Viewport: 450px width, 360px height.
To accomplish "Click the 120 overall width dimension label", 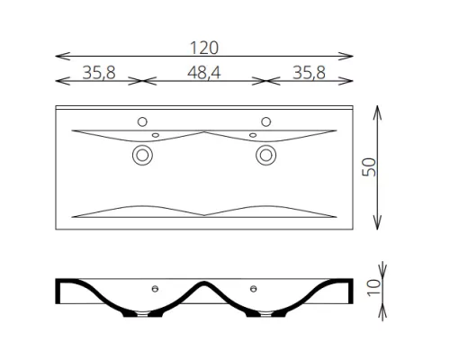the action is [x=204, y=48].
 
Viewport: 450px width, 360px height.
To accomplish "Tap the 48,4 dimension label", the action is [x=204, y=73].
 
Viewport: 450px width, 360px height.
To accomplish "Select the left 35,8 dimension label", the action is [x=99, y=73].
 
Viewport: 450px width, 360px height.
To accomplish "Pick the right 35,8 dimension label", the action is [x=309, y=73].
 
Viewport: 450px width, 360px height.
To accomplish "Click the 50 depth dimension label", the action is [x=369, y=167].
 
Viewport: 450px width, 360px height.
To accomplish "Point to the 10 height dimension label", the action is [x=374, y=287].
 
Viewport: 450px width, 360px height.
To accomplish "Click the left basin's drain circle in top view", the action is [x=142, y=155].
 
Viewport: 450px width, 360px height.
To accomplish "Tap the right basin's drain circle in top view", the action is [x=265, y=155].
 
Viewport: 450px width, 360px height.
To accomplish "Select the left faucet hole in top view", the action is [x=142, y=121].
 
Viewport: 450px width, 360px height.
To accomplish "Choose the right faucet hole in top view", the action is [x=265, y=121].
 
